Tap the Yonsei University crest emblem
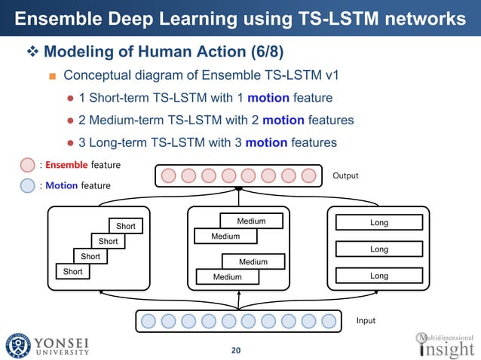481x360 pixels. point(18,345)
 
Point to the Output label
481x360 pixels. point(347,175)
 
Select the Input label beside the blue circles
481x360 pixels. point(365,321)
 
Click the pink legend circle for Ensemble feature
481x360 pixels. point(27,165)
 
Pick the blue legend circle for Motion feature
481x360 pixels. point(27,185)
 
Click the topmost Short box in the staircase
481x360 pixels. point(126,226)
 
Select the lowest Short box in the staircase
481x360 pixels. point(72,271)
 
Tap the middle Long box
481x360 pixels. point(378,249)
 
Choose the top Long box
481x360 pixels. point(378,223)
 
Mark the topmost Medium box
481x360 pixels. point(252,221)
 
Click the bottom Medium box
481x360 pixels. point(226,277)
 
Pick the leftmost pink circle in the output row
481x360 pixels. point(169,176)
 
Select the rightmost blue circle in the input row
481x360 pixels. point(329,322)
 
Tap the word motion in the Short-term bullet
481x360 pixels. point(268,98)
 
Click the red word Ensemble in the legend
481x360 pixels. point(67,165)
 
